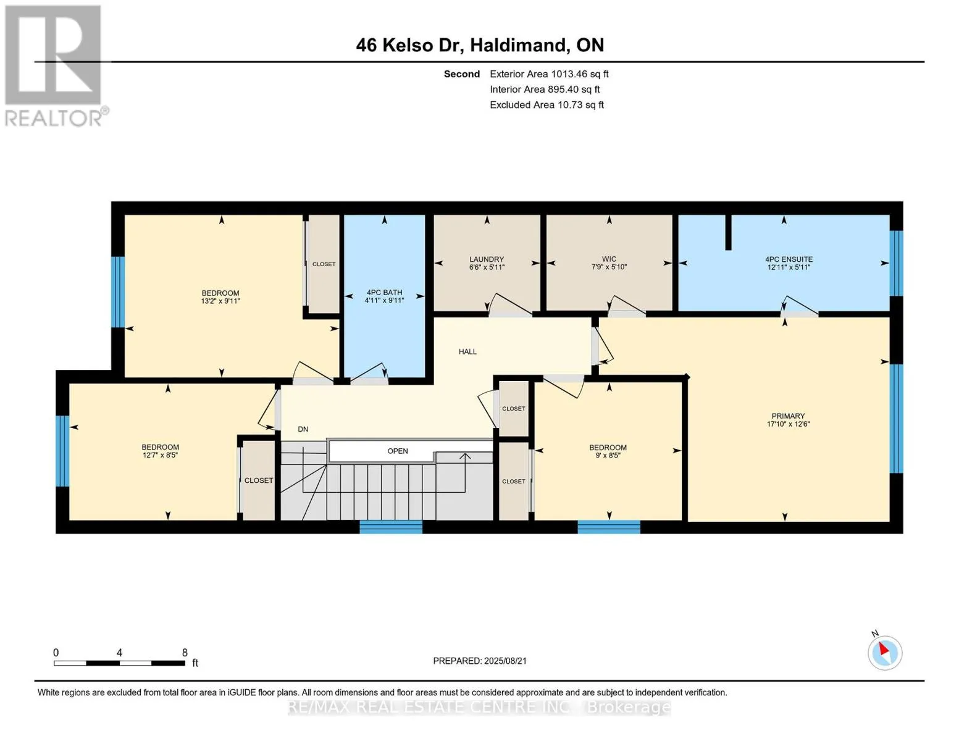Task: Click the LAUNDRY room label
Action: (487, 259)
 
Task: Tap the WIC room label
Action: (609, 259)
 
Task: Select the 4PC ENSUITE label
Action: (789, 259)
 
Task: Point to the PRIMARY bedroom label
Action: (788, 416)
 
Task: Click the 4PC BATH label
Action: (384, 292)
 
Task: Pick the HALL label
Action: (467, 352)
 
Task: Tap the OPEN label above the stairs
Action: (398, 451)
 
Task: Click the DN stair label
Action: (303, 429)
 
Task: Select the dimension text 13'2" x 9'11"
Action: (220, 301)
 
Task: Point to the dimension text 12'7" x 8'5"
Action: (160, 455)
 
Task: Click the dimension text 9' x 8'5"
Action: (608, 456)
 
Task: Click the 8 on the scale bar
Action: (185, 652)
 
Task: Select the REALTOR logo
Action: (55, 66)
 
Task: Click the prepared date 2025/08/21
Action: (505, 661)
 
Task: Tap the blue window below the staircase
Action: (391, 527)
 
